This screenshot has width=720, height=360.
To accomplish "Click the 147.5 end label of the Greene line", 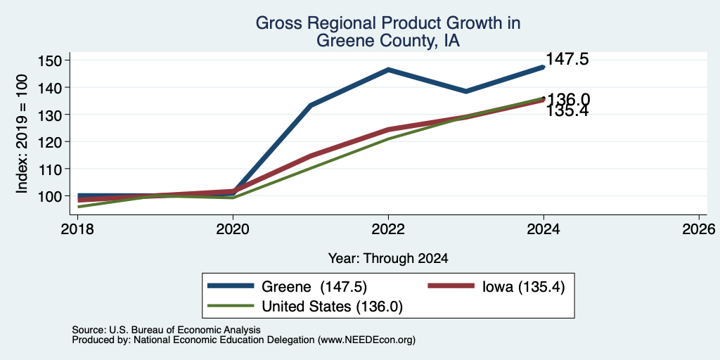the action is coord(567,59).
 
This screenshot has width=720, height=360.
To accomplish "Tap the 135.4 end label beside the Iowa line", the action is coord(567,111).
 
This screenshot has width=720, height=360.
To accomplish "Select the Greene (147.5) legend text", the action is coord(314,287).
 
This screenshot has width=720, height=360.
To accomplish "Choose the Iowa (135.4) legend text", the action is coord(523,287).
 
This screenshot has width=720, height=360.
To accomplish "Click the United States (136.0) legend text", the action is coord(332,307).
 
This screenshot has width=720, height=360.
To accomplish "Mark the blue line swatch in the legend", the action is coord(231,285).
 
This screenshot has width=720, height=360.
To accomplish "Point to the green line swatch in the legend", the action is coord(231,305).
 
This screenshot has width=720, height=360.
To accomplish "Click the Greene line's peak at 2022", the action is coord(388,70).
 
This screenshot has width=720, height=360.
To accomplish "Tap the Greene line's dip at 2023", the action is coord(465,91).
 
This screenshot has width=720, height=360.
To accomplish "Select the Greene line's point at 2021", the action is coord(311,105).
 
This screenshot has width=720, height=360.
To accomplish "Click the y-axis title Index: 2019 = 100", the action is coord(22,134).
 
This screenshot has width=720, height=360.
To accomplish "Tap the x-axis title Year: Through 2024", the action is coord(388,259).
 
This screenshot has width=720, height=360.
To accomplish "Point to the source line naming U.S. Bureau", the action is coord(166,330).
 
